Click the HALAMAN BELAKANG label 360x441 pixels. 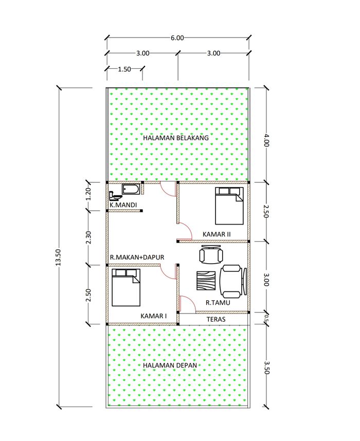tap(176, 138)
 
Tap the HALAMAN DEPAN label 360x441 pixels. tap(170, 365)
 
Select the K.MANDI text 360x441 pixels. tap(123, 205)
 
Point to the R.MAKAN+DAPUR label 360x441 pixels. tap(137, 257)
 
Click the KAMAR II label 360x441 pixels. tap(217, 234)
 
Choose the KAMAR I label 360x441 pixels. tap(154, 316)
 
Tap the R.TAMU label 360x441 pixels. tap(218, 303)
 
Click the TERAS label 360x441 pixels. tap(216, 319)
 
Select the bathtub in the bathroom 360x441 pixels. tap(130, 189)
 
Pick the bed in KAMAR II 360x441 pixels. tap(229, 206)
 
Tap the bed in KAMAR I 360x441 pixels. tap(126, 288)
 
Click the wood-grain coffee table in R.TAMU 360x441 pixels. tap(206, 281)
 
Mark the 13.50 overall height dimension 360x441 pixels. tap(58, 258)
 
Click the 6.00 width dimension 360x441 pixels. tap(177, 38)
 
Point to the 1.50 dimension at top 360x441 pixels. tap(124, 69)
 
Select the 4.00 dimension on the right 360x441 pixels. tap(266, 141)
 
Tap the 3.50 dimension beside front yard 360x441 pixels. tap(266, 367)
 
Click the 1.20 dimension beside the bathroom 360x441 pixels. tap(88, 194)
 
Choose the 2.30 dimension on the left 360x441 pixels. tap(88, 238)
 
